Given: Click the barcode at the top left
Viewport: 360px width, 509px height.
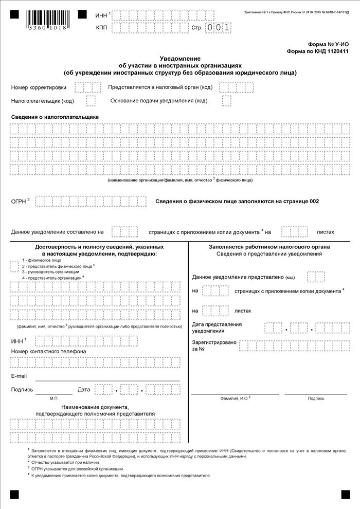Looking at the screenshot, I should click(x=45, y=20).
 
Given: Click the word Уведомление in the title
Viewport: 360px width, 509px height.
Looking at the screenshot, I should click(x=179, y=59).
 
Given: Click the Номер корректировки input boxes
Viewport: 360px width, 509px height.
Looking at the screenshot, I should click(x=87, y=87).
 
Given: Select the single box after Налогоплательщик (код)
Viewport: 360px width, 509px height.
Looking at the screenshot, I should click(x=91, y=100).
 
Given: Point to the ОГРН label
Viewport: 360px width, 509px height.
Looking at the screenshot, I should click(x=19, y=201).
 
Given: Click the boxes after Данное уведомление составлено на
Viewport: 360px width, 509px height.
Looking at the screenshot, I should click(x=125, y=232).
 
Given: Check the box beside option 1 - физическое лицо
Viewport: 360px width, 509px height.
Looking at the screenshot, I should click(x=14, y=266).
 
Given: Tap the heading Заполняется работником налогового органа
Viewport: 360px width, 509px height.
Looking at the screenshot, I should click(x=269, y=247).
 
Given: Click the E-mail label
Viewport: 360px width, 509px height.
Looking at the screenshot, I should click(x=19, y=376).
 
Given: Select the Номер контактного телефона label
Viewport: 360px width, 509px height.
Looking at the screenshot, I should click(x=48, y=351).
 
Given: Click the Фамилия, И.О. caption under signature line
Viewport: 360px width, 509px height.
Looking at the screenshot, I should click(x=235, y=398).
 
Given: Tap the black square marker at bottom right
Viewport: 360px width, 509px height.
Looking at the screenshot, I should click(x=345, y=494).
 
